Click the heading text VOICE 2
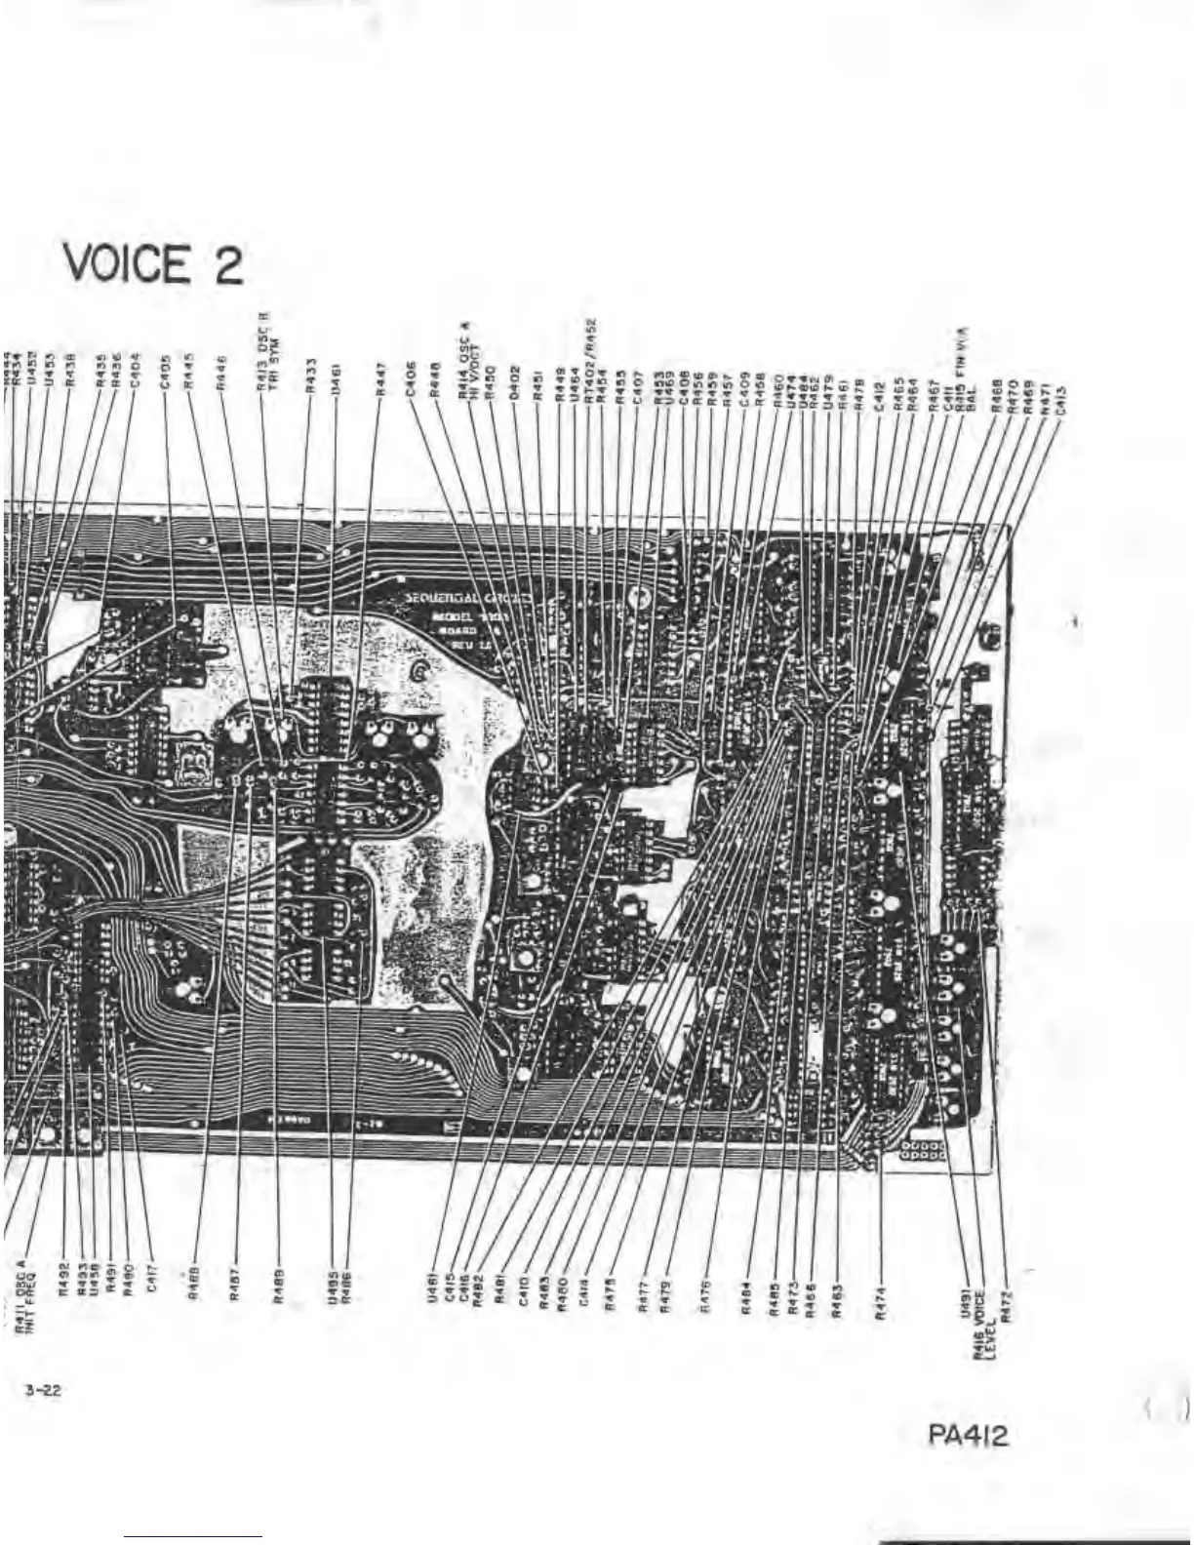coord(153,264)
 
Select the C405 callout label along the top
coord(166,373)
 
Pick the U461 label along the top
coord(336,375)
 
